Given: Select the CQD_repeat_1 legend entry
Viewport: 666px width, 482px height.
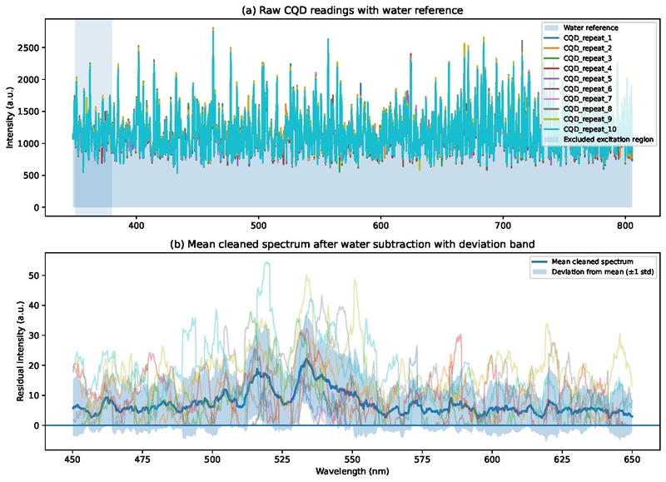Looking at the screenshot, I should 587,38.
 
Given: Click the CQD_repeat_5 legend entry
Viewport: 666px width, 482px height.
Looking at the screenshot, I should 587,78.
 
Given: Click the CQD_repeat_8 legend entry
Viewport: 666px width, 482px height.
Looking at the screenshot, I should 587,108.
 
